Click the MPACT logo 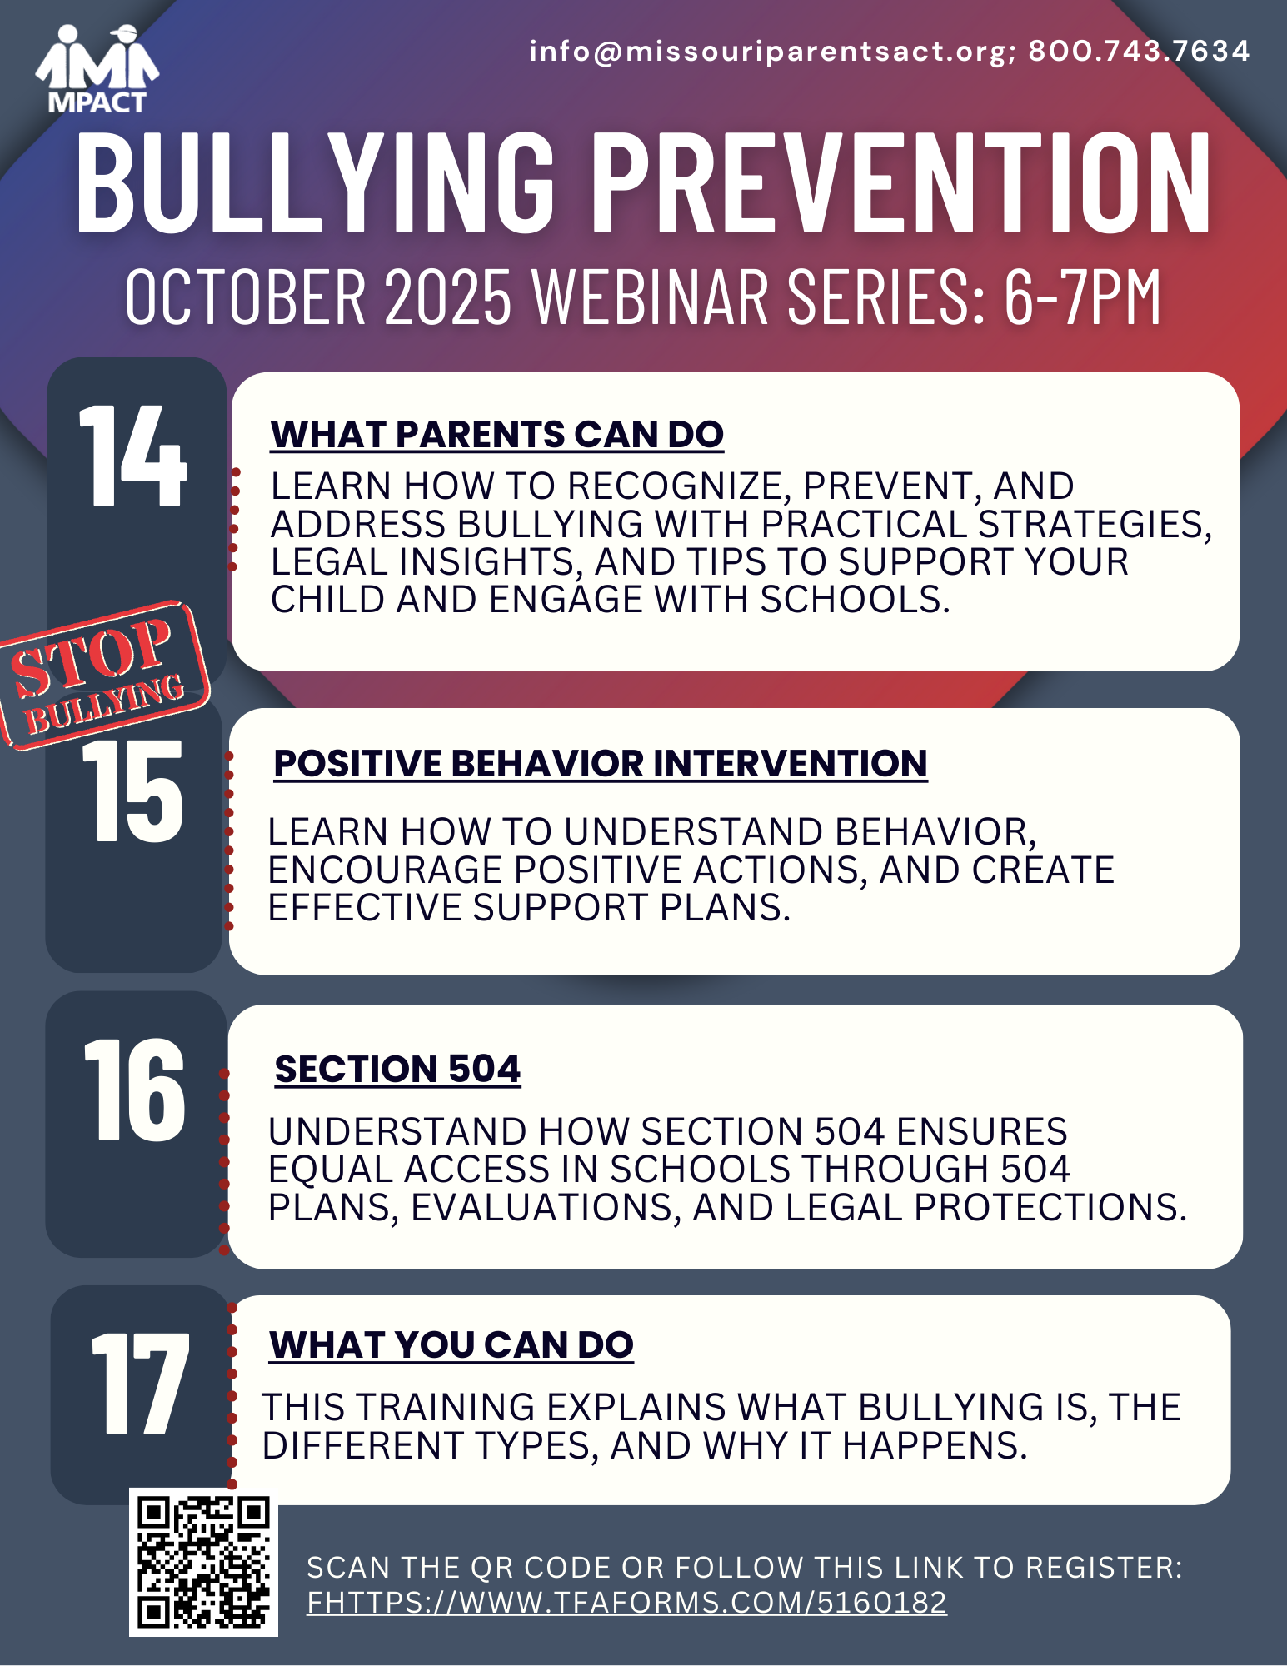(x=97, y=69)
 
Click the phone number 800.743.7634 (x=1139, y=51)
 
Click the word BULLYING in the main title (x=316, y=182)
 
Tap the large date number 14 (x=132, y=456)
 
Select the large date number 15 (x=132, y=791)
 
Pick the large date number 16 (x=134, y=1090)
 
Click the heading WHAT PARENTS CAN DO (x=497, y=435)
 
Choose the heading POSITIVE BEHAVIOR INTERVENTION (x=601, y=764)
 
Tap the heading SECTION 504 (x=397, y=1070)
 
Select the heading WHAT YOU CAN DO (x=451, y=1345)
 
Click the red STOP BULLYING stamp (x=104, y=674)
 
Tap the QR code (x=203, y=1562)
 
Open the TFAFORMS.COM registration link (x=626, y=1602)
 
